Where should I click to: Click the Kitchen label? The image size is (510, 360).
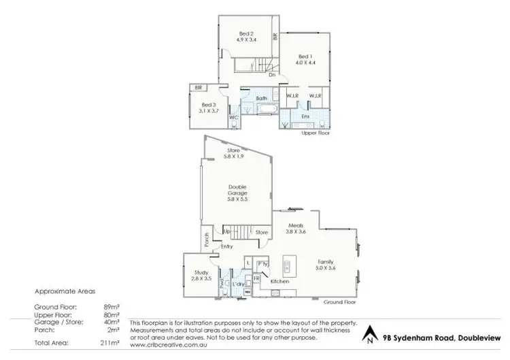280,281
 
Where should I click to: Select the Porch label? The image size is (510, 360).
205,240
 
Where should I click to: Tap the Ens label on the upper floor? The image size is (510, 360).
305,116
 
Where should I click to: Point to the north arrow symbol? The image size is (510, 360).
369,335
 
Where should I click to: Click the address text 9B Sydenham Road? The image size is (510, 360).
435,336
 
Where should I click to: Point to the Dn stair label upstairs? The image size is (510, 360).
271,75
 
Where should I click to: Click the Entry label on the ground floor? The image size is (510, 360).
227,246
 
